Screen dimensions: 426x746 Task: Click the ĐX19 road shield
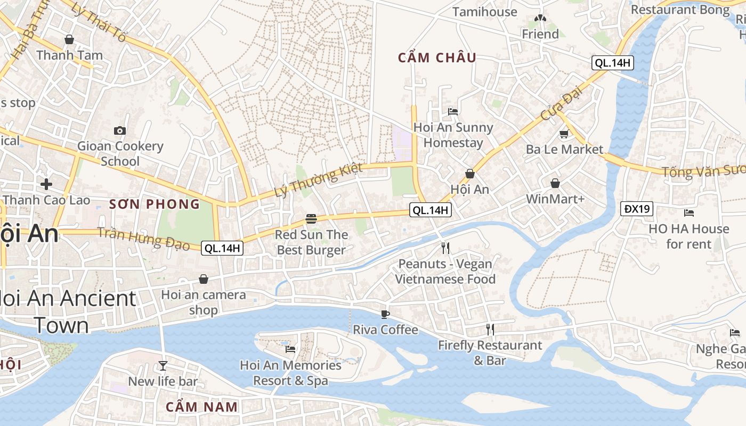tap(637, 209)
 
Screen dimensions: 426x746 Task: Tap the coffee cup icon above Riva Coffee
tap(385, 314)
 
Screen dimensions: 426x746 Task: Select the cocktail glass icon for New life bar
tap(163, 366)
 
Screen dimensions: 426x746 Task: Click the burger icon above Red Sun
tap(311, 219)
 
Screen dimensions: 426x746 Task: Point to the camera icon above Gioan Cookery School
tap(120, 130)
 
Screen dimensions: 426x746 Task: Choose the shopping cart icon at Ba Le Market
tap(564, 134)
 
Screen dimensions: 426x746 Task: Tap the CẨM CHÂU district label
tap(437, 58)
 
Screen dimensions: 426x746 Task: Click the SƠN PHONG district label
tap(155, 204)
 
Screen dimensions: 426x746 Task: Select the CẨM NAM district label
tap(201, 407)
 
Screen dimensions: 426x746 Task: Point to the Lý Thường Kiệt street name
tap(318, 180)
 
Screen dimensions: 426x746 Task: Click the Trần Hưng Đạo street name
tap(144, 239)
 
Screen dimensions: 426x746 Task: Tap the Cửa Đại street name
tap(562, 103)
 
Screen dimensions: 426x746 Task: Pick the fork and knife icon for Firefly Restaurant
tap(490, 330)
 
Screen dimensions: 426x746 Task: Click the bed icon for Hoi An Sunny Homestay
tap(453, 111)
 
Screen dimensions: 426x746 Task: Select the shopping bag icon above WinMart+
tap(555, 183)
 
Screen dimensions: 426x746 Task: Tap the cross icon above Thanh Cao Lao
tap(46, 184)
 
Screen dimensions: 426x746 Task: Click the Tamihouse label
tap(484, 12)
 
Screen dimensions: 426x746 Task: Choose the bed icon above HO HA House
tap(688, 213)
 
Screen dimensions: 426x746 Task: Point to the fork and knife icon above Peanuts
tap(445, 248)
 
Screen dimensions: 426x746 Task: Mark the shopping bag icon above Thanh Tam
tap(69, 39)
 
